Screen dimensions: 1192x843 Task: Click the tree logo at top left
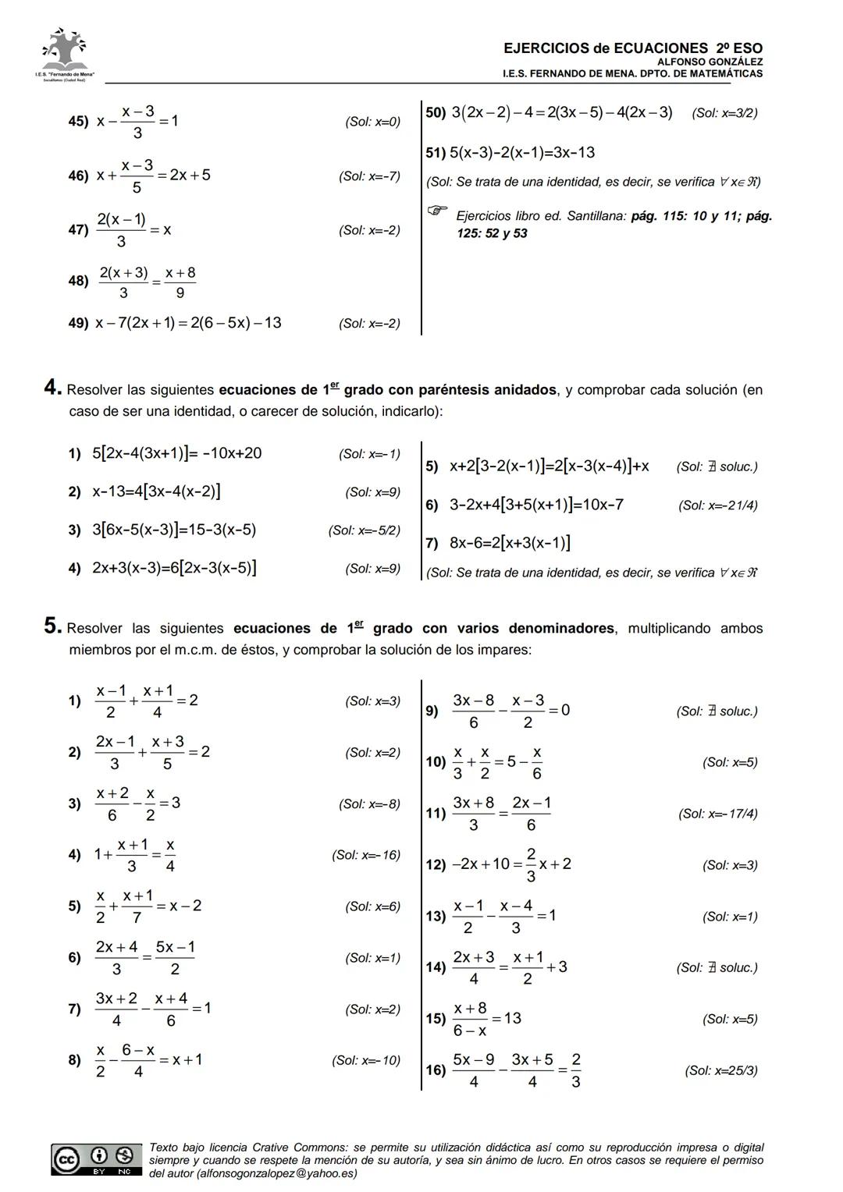click(65, 51)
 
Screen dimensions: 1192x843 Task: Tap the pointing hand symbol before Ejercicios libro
click(438, 210)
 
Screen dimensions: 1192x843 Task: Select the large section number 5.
click(52, 626)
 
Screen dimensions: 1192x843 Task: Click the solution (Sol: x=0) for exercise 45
click(372, 122)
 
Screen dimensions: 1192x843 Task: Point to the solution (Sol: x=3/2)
click(724, 113)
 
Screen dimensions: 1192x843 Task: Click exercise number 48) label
click(78, 281)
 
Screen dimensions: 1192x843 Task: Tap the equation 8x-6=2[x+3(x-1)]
click(510, 543)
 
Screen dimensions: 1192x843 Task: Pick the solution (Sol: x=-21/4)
click(718, 506)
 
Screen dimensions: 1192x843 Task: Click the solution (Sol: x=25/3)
click(721, 1071)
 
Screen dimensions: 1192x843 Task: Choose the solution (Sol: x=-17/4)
click(718, 814)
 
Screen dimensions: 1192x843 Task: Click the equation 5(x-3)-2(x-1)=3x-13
click(521, 153)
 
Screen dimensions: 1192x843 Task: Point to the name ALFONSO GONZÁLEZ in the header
click(710, 62)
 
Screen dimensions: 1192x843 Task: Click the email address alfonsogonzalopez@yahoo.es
click(277, 1173)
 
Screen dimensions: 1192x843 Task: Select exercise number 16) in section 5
click(436, 1070)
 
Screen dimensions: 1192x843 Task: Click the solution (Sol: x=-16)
click(366, 855)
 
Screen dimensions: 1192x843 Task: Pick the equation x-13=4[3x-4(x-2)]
click(156, 491)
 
